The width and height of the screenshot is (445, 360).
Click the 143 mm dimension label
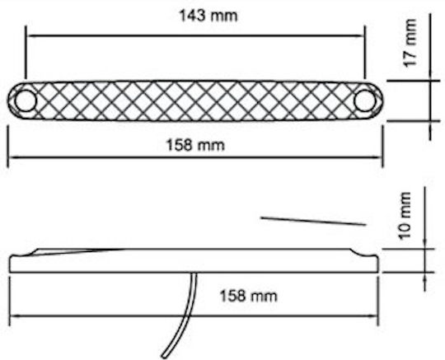[x=208, y=16]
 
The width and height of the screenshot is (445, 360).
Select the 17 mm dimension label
[x=410, y=43]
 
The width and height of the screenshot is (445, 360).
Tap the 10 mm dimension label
[x=405, y=216]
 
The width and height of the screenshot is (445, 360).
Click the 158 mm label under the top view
[x=195, y=145]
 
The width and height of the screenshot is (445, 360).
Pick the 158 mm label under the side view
[x=248, y=296]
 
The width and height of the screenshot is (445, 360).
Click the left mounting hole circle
[x=26, y=101]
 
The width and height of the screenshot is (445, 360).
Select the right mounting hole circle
[x=365, y=101]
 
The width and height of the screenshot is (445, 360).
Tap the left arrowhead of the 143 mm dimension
[x=30, y=35]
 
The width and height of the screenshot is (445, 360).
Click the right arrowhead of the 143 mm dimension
[x=361, y=35]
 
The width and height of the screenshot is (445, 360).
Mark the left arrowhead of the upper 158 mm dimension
[x=12, y=157]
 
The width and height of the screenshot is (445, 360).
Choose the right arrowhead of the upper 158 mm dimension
[x=378, y=157]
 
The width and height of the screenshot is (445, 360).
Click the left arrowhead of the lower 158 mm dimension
[x=14, y=316]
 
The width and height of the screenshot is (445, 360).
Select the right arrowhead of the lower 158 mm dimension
[x=374, y=316]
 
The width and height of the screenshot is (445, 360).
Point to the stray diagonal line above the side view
[x=313, y=222]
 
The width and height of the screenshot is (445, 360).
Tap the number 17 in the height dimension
[x=410, y=59]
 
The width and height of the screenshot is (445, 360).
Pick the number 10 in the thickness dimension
[x=405, y=231]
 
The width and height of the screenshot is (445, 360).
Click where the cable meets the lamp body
[x=194, y=274]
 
